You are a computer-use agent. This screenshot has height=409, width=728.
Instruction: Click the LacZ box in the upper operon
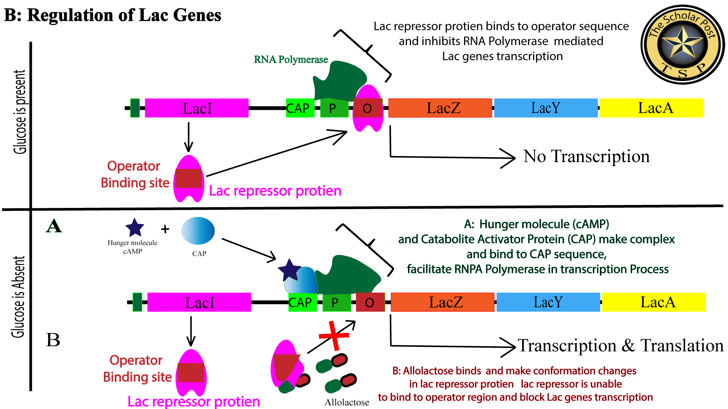tap(440, 108)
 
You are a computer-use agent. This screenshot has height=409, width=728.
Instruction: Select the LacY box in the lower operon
tap(548, 302)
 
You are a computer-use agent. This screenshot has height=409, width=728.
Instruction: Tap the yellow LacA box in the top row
tap(651, 108)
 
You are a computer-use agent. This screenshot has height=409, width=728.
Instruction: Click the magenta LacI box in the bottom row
tap(199, 302)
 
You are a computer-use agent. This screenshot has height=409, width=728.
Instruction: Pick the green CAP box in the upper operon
tap(300, 108)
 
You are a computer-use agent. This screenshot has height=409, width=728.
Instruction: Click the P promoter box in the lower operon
tap(336, 303)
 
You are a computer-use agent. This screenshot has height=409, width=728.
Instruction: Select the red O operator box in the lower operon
tap(370, 303)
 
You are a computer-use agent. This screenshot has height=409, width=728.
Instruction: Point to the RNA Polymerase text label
tap(291, 59)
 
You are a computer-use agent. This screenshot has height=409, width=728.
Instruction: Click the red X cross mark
tap(334, 336)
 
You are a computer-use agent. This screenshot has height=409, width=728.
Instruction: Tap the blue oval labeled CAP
tap(198, 231)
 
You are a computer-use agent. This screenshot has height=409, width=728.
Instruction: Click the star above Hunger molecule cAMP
tap(135, 228)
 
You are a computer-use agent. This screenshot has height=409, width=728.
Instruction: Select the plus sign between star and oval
tap(165, 229)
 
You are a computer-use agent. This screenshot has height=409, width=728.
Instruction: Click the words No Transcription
tap(586, 156)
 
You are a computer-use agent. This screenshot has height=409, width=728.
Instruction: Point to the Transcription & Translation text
tap(621, 345)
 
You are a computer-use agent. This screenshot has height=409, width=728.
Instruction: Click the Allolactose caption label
tap(347, 402)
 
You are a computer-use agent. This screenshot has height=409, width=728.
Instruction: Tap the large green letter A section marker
tap(54, 226)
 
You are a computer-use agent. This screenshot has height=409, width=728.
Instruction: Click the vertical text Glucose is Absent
tap(18, 297)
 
